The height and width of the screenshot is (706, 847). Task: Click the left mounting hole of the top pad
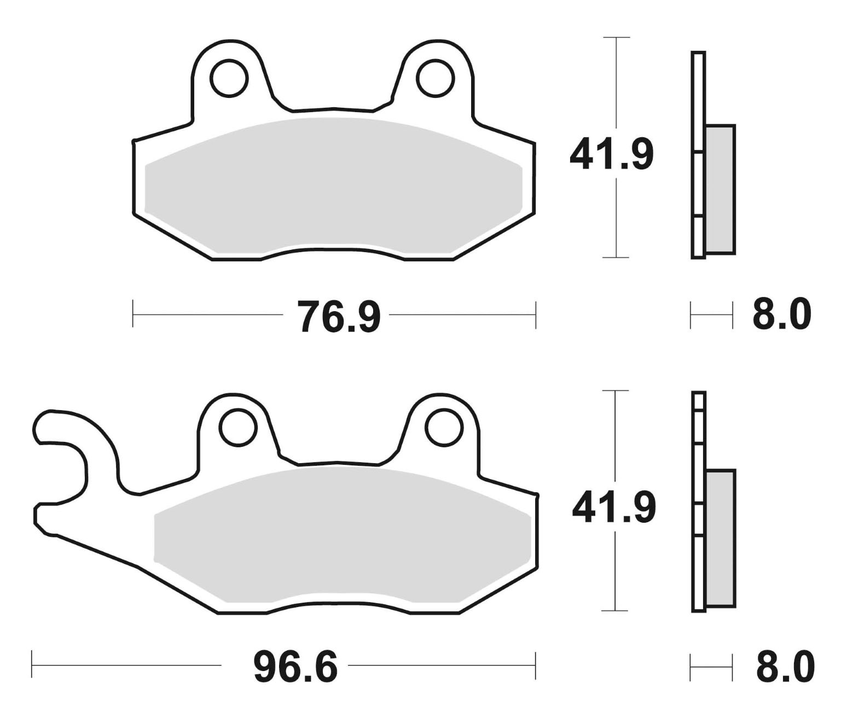(229, 79)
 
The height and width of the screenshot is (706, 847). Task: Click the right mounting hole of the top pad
(436, 79)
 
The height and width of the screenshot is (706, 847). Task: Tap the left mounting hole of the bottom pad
(238, 427)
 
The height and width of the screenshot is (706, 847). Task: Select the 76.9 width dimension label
(338, 316)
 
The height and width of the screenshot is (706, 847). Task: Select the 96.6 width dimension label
(296, 666)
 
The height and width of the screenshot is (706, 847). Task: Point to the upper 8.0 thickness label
(781, 315)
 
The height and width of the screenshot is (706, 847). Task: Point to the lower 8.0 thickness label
(785, 666)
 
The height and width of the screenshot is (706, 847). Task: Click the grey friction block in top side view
(720, 189)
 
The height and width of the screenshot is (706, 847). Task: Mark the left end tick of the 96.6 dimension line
(32, 665)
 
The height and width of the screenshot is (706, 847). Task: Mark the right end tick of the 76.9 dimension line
(535, 314)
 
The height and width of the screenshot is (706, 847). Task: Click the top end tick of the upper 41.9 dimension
(617, 38)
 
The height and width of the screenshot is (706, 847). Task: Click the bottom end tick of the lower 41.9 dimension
(616, 610)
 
